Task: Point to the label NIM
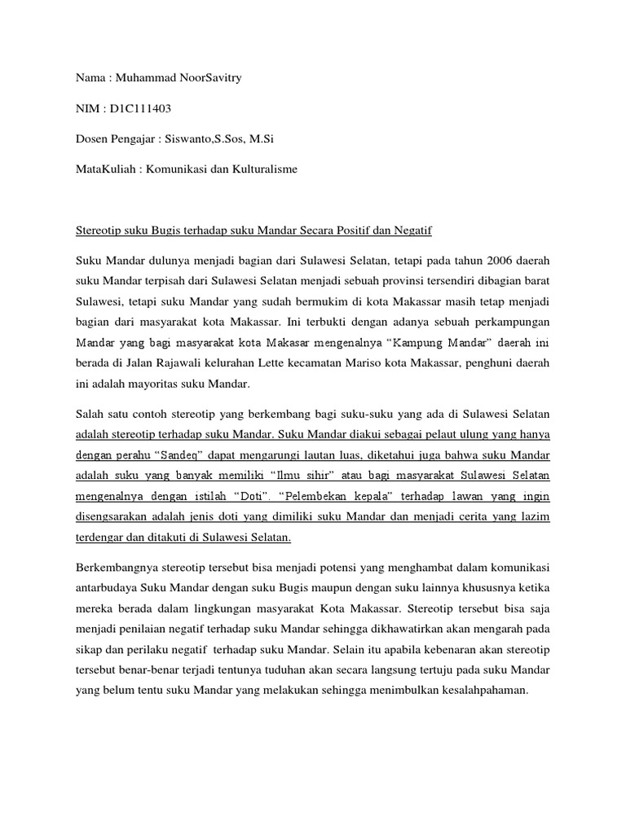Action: pyautogui.click(x=86, y=108)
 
